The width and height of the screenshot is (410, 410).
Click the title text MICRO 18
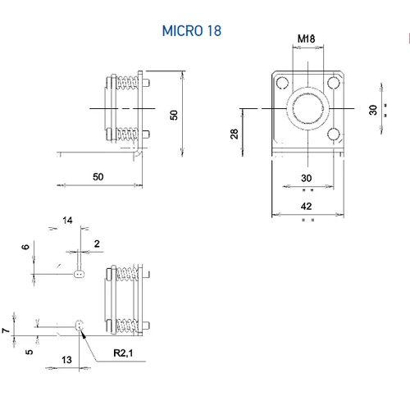click(x=191, y=31)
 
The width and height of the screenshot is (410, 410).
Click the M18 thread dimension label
click(x=306, y=39)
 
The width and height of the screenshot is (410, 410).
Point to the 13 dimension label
click(x=66, y=359)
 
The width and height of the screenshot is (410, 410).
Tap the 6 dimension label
click(x=25, y=247)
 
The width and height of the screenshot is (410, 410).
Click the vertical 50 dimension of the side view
click(x=173, y=115)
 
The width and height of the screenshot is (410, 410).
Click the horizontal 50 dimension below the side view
click(x=98, y=176)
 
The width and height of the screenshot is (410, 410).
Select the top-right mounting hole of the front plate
click(x=332, y=83)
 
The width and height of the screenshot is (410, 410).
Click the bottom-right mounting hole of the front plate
click(x=332, y=134)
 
